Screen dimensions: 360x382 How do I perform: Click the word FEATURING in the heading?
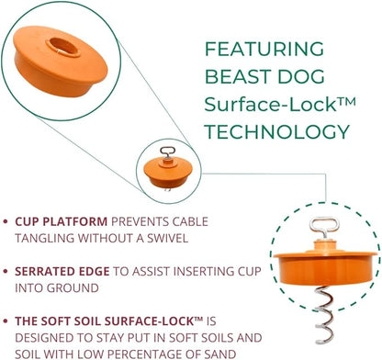[x=263, y=48]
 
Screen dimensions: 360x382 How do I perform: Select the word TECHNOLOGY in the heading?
[x=277, y=130]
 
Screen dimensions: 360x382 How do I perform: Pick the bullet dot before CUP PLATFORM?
[x=8, y=222]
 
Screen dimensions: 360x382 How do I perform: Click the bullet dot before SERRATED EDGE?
[x=8, y=273]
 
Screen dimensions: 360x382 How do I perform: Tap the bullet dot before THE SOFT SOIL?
[x=8, y=322]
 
